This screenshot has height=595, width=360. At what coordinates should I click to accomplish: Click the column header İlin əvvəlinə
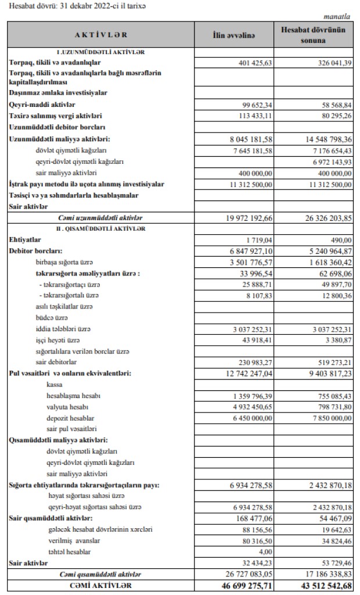click(x=234, y=36)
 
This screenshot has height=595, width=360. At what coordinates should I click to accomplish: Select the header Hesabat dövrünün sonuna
click(x=316, y=36)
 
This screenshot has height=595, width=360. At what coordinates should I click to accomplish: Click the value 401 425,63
click(x=253, y=63)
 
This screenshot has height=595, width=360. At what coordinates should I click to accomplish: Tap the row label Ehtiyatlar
click(x=25, y=239)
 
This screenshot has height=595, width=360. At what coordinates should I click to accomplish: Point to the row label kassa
click(x=55, y=385)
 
